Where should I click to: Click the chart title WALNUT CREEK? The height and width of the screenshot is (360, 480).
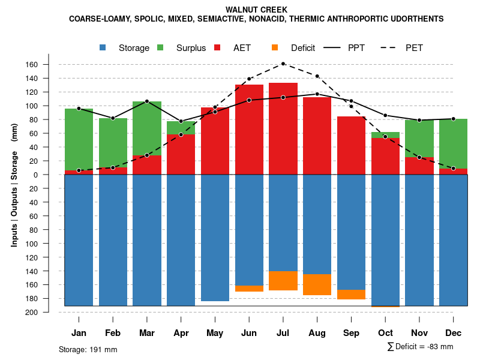coord(256,10)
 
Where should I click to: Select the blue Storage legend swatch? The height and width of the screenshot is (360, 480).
coord(103,48)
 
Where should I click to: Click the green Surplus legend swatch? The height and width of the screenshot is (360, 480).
coord(160,48)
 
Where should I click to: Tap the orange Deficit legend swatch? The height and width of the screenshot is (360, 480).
coord(275,48)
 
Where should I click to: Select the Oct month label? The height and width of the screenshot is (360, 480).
coord(385,333)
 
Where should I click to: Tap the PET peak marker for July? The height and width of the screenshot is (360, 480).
coord(283,64)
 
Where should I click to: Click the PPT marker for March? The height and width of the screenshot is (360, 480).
coord(147,101)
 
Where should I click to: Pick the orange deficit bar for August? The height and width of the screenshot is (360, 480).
coord(317,284)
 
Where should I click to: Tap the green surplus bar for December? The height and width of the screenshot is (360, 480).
coord(454,144)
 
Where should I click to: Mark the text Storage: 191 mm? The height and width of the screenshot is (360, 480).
coord(88,349)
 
